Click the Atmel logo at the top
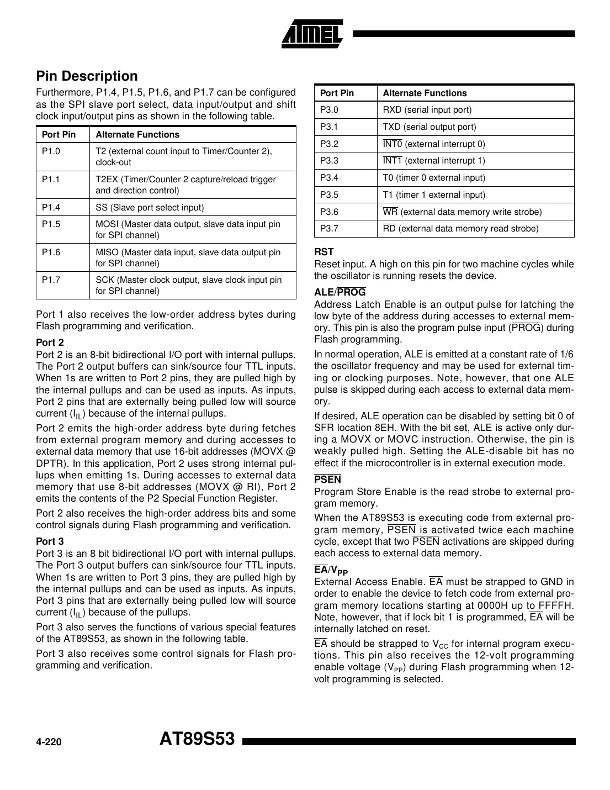point(312,34)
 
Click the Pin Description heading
point(87,76)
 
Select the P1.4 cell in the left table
point(51,207)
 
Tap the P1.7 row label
point(51,280)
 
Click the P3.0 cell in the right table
point(330,110)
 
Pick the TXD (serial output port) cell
point(429,127)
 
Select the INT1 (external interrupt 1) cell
point(434,161)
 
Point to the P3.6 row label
point(330,212)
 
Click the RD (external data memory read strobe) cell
point(460,229)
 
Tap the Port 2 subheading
point(50,343)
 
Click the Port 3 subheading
point(50,541)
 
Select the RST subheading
point(324,252)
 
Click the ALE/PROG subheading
point(340,292)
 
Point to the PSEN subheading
point(328,480)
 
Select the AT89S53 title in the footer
point(197,739)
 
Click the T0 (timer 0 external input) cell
point(434,178)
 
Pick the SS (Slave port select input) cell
point(150,208)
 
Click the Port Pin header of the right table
point(337,93)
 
